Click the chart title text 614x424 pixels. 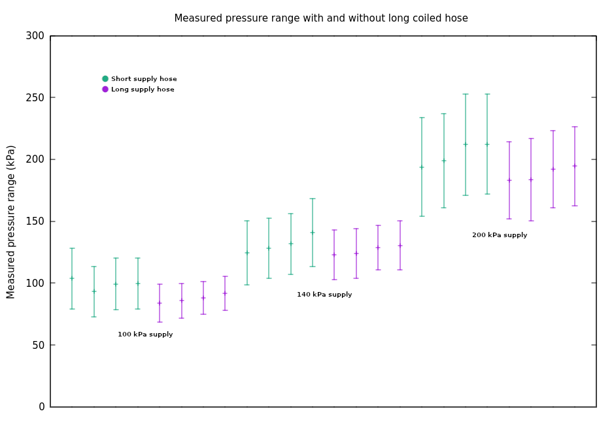coord(321,18)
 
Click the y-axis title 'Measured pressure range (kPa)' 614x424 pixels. coord(10,221)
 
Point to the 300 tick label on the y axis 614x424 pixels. coord(35,36)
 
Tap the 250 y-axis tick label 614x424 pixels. coord(35,98)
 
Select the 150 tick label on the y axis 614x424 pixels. coord(35,221)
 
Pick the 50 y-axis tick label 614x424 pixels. coord(39,346)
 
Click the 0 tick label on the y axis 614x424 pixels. coord(42,407)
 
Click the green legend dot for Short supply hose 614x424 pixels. coord(105,78)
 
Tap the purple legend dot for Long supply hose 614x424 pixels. coord(105,90)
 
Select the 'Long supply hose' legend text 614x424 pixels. coord(143,90)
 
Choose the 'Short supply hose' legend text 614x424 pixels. coord(144,79)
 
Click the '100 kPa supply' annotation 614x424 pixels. coord(145,334)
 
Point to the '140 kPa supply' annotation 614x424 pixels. coord(324,295)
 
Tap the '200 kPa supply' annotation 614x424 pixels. coord(500,235)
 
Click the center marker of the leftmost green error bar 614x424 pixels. coord(72,278)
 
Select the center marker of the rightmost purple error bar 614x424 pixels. coord(575,166)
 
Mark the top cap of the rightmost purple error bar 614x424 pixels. coord(575,127)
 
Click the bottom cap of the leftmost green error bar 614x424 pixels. coord(72,309)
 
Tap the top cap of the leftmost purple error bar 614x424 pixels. coord(160,284)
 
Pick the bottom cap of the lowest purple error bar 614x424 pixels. coord(160,322)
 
